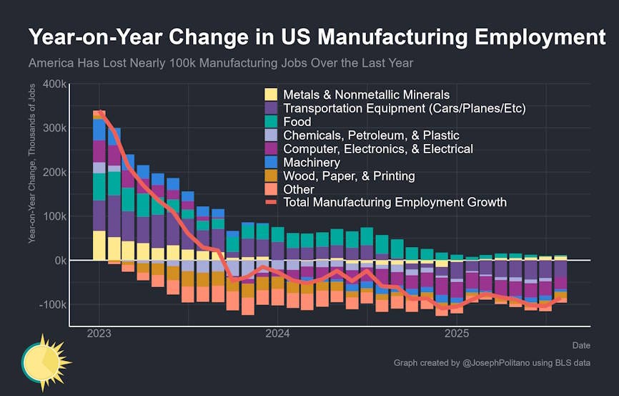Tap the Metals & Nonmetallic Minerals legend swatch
pyautogui.click(x=272, y=95)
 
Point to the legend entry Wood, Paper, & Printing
pyautogui.click(x=349, y=175)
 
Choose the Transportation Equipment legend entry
pyautogui.click(x=404, y=108)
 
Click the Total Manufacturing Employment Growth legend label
pyautogui.click(x=395, y=203)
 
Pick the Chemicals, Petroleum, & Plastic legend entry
pyautogui.click(x=371, y=135)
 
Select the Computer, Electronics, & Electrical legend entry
pyautogui.click(x=378, y=149)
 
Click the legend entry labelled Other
pyautogui.click(x=299, y=189)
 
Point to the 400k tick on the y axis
pyautogui.click(x=55, y=84)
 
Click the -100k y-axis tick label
pyautogui.click(x=53, y=305)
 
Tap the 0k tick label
pyautogui.click(x=60, y=261)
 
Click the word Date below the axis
pyautogui.click(x=580, y=345)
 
